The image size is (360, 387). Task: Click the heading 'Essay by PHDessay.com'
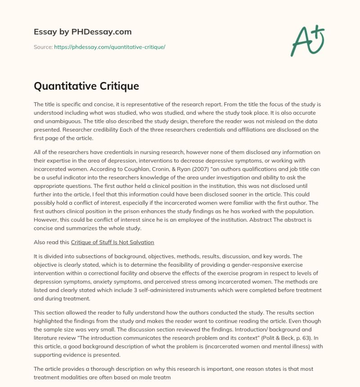(82, 32)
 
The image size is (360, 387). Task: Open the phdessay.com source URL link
(110, 47)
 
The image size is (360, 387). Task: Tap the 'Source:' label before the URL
(43, 47)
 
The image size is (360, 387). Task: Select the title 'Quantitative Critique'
(86, 86)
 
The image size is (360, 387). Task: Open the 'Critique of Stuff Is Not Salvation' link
(112, 242)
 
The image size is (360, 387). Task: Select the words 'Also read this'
(51, 242)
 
